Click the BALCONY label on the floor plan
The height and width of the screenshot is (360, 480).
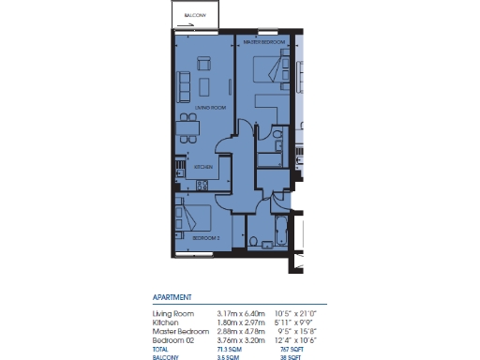(195, 15)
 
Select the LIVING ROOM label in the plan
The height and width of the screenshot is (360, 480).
(210, 109)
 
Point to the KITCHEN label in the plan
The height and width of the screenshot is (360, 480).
(203, 168)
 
